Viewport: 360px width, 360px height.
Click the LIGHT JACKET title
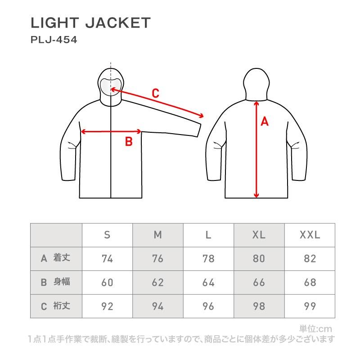pos(90,23)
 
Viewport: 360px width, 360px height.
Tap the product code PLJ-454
pos(54,40)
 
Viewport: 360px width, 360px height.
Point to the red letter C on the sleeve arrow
pos(155,93)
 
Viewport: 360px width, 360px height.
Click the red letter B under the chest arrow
pos(129,141)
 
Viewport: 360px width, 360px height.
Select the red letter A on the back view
pos(265,121)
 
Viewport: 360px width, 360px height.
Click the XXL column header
pos(310,235)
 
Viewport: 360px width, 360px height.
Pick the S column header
pos(107,235)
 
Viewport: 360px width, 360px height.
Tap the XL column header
pos(259,235)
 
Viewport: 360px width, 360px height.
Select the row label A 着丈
pos(55,258)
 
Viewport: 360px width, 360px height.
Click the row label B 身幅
pos(55,282)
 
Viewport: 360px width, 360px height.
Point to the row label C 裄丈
pos(55,306)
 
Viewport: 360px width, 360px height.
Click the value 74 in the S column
pos(107,259)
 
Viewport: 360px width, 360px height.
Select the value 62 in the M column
pos(158,283)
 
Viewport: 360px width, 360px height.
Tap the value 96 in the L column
pos(208,306)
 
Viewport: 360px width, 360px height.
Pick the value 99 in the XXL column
pos(310,306)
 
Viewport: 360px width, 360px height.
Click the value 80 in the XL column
pos(259,259)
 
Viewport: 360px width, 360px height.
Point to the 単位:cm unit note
pos(315,329)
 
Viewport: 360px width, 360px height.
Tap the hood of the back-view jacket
pos(256,84)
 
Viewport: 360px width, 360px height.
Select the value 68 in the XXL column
pos(310,283)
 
